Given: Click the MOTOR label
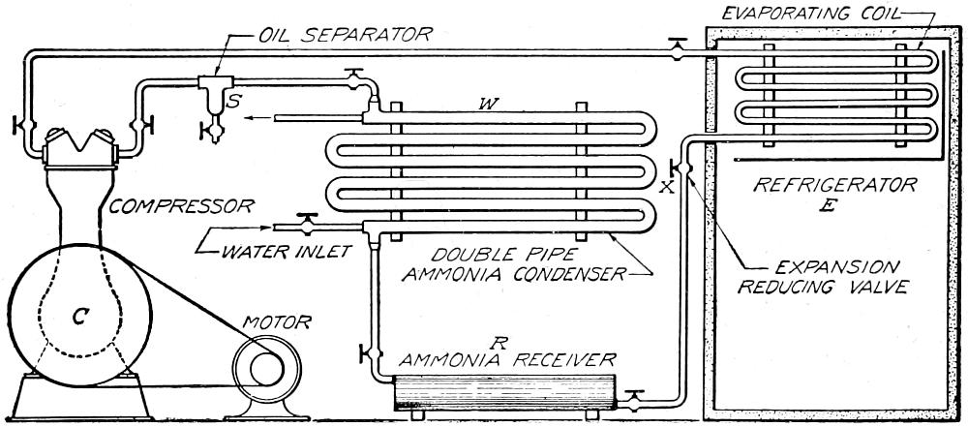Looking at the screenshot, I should [270, 321].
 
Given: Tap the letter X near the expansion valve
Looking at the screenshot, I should [665, 188].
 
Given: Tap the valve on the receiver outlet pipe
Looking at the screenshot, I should [635, 397].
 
